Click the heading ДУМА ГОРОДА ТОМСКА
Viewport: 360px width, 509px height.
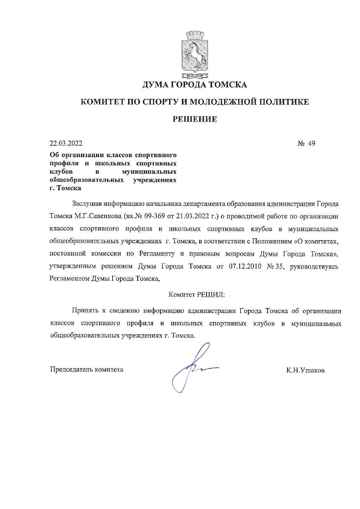[195, 85]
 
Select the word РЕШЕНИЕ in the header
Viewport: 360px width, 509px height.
[195, 119]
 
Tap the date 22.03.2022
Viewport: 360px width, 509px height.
[66, 143]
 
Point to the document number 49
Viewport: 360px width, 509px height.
[312, 143]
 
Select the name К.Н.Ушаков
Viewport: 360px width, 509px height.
[305, 370]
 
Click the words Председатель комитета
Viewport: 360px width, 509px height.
[87, 369]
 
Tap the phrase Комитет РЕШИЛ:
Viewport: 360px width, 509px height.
[197, 294]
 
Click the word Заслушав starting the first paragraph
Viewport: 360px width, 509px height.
[87, 204]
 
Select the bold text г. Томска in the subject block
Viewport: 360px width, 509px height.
[65, 188]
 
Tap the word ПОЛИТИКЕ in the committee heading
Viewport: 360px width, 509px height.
[284, 102]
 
